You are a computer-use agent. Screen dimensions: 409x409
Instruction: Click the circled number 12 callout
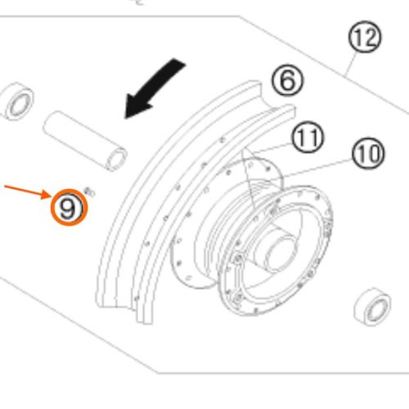(x=365, y=37)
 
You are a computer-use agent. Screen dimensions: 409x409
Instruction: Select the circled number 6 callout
(x=287, y=81)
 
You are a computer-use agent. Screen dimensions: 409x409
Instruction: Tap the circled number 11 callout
(x=308, y=137)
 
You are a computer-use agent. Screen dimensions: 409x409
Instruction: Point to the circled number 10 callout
(x=368, y=153)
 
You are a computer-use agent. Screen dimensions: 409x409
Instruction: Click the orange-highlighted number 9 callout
(x=69, y=208)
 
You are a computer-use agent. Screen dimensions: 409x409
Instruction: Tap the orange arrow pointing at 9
(x=27, y=192)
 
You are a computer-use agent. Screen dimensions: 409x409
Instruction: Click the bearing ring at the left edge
(x=17, y=101)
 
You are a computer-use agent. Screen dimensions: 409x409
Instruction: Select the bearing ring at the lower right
(x=372, y=307)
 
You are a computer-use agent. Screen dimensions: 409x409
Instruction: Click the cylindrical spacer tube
(x=85, y=142)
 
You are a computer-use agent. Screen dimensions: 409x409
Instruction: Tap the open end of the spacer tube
(x=117, y=160)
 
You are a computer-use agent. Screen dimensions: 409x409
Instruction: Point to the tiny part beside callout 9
(x=89, y=191)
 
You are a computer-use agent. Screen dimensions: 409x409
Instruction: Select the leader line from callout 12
(x=353, y=64)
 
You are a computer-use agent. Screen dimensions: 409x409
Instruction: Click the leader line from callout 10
(x=318, y=169)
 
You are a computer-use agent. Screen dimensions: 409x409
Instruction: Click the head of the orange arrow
(x=47, y=195)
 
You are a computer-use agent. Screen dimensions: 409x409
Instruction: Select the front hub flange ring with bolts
(x=276, y=251)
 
